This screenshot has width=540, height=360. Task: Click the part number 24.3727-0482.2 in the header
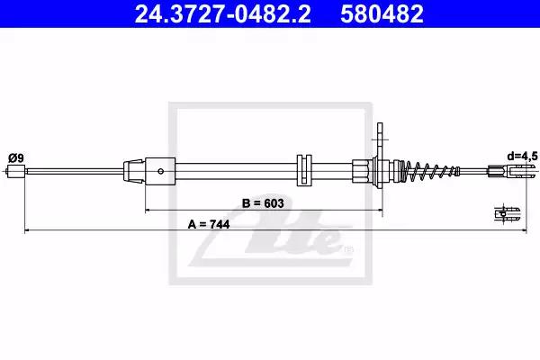pos(223,13)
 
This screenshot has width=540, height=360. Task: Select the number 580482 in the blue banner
pos(382,13)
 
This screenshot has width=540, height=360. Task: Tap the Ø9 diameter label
pos(16,158)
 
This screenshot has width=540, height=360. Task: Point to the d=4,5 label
pos(522,157)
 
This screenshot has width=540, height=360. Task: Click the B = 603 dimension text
pos(263,203)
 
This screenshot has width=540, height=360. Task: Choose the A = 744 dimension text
pos(209,225)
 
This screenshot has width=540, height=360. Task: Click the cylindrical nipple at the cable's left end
pos(16,171)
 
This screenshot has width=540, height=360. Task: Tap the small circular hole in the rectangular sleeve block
pos(160,171)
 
